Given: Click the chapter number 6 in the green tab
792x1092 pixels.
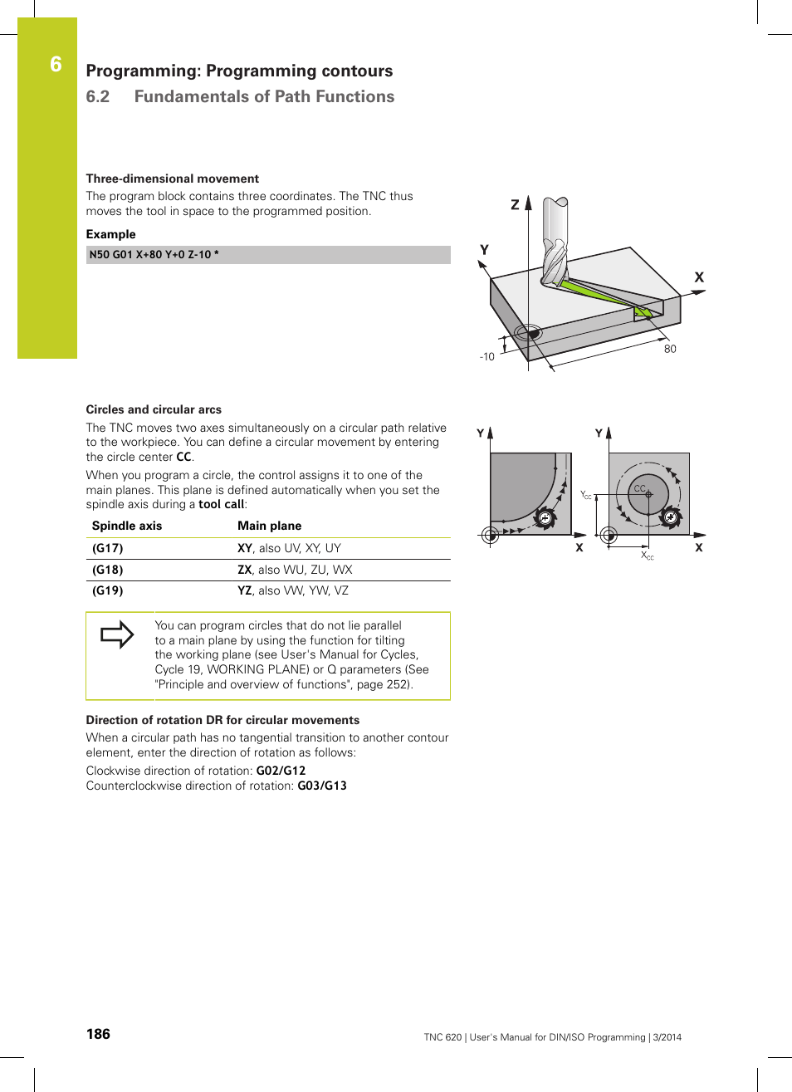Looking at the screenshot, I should [56, 65].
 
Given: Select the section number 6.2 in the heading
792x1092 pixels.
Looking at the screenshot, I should [98, 96].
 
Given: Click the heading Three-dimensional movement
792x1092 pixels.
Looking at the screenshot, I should [172, 179].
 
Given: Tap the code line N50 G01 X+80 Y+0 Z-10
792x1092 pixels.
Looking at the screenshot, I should [154, 255].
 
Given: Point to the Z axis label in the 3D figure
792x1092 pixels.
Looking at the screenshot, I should [515, 204].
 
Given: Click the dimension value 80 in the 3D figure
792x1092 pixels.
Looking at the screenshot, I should [670, 349].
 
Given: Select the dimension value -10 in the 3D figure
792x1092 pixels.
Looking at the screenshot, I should [486, 357].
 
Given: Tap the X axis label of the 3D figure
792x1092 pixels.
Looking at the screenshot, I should [699, 277].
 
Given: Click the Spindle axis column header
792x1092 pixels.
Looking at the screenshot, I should [127, 526].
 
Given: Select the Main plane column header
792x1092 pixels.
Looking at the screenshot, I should [269, 526].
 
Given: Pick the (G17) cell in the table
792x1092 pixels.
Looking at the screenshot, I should [108, 548].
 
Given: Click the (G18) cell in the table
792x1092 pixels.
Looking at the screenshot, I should [108, 570].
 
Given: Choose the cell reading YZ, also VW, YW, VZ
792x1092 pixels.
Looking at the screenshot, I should [293, 590].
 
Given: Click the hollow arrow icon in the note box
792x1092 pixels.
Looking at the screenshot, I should [117, 634].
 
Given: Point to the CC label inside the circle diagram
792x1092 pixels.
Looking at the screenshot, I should [639, 488].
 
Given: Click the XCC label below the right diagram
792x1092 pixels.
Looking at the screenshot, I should [648, 556].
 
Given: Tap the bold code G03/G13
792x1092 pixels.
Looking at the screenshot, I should [322, 786].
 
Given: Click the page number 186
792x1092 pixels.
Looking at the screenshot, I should [98, 1034].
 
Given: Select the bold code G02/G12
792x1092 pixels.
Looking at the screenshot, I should [281, 771].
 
